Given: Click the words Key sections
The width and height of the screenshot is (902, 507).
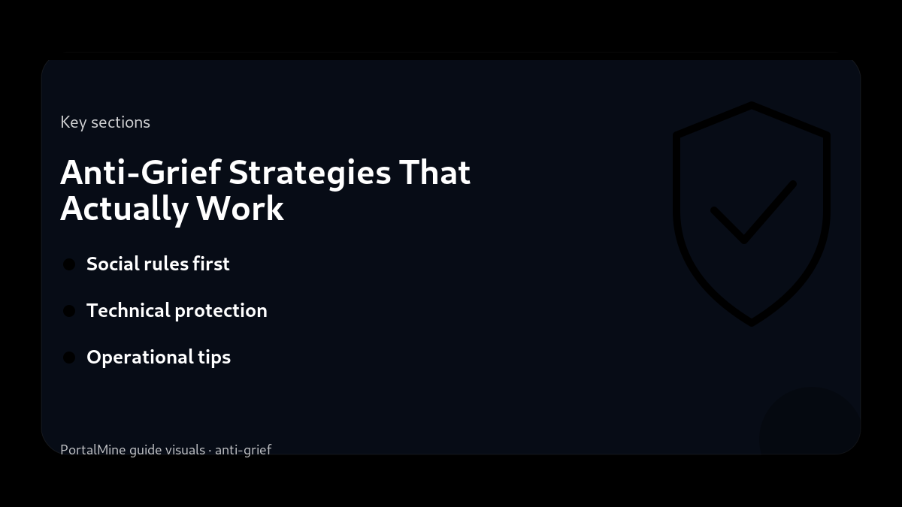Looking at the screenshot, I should [x=105, y=122].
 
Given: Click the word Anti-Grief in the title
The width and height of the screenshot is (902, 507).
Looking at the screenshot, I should [x=141, y=173].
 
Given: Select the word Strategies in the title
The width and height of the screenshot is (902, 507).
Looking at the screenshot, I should [x=310, y=173].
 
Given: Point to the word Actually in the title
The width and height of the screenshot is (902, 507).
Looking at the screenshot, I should [x=124, y=208].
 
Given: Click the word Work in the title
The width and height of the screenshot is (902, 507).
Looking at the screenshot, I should [x=241, y=208].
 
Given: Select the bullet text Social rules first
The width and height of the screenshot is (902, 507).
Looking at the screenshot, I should [x=158, y=264].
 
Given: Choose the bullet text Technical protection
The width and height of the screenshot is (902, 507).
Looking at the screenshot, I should [x=177, y=310].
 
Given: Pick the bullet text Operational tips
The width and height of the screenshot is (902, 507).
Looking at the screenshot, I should [x=159, y=357].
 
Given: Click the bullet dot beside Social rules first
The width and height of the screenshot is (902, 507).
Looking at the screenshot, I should [x=69, y=264].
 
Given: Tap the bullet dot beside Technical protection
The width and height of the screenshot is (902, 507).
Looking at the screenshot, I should [x=69, y=311].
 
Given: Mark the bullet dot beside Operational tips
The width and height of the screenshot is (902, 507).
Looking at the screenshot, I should [x=69, y=358].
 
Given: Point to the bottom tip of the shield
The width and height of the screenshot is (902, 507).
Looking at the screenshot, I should [x=752, y=323].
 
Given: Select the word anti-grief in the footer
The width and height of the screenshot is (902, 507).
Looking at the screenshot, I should [x=243, y=450].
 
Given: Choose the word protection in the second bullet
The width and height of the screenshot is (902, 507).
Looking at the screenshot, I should [x=226, y=310].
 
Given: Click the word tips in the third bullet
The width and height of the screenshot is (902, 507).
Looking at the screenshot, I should [x=214, y=357].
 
